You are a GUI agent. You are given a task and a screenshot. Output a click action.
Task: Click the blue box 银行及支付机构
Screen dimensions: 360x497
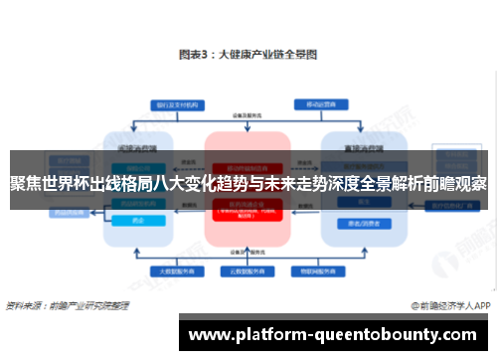(168, 102)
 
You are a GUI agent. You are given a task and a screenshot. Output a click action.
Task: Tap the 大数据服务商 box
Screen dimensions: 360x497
(168, 270)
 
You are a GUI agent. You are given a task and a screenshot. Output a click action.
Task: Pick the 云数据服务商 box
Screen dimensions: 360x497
(247, 270)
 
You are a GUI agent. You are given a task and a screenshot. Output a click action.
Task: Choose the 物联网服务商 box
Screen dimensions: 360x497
(324, 270)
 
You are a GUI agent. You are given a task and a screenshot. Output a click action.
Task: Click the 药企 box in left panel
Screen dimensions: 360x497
(136, 219)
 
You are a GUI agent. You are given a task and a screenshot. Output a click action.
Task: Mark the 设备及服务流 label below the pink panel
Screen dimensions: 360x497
(247, 251)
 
